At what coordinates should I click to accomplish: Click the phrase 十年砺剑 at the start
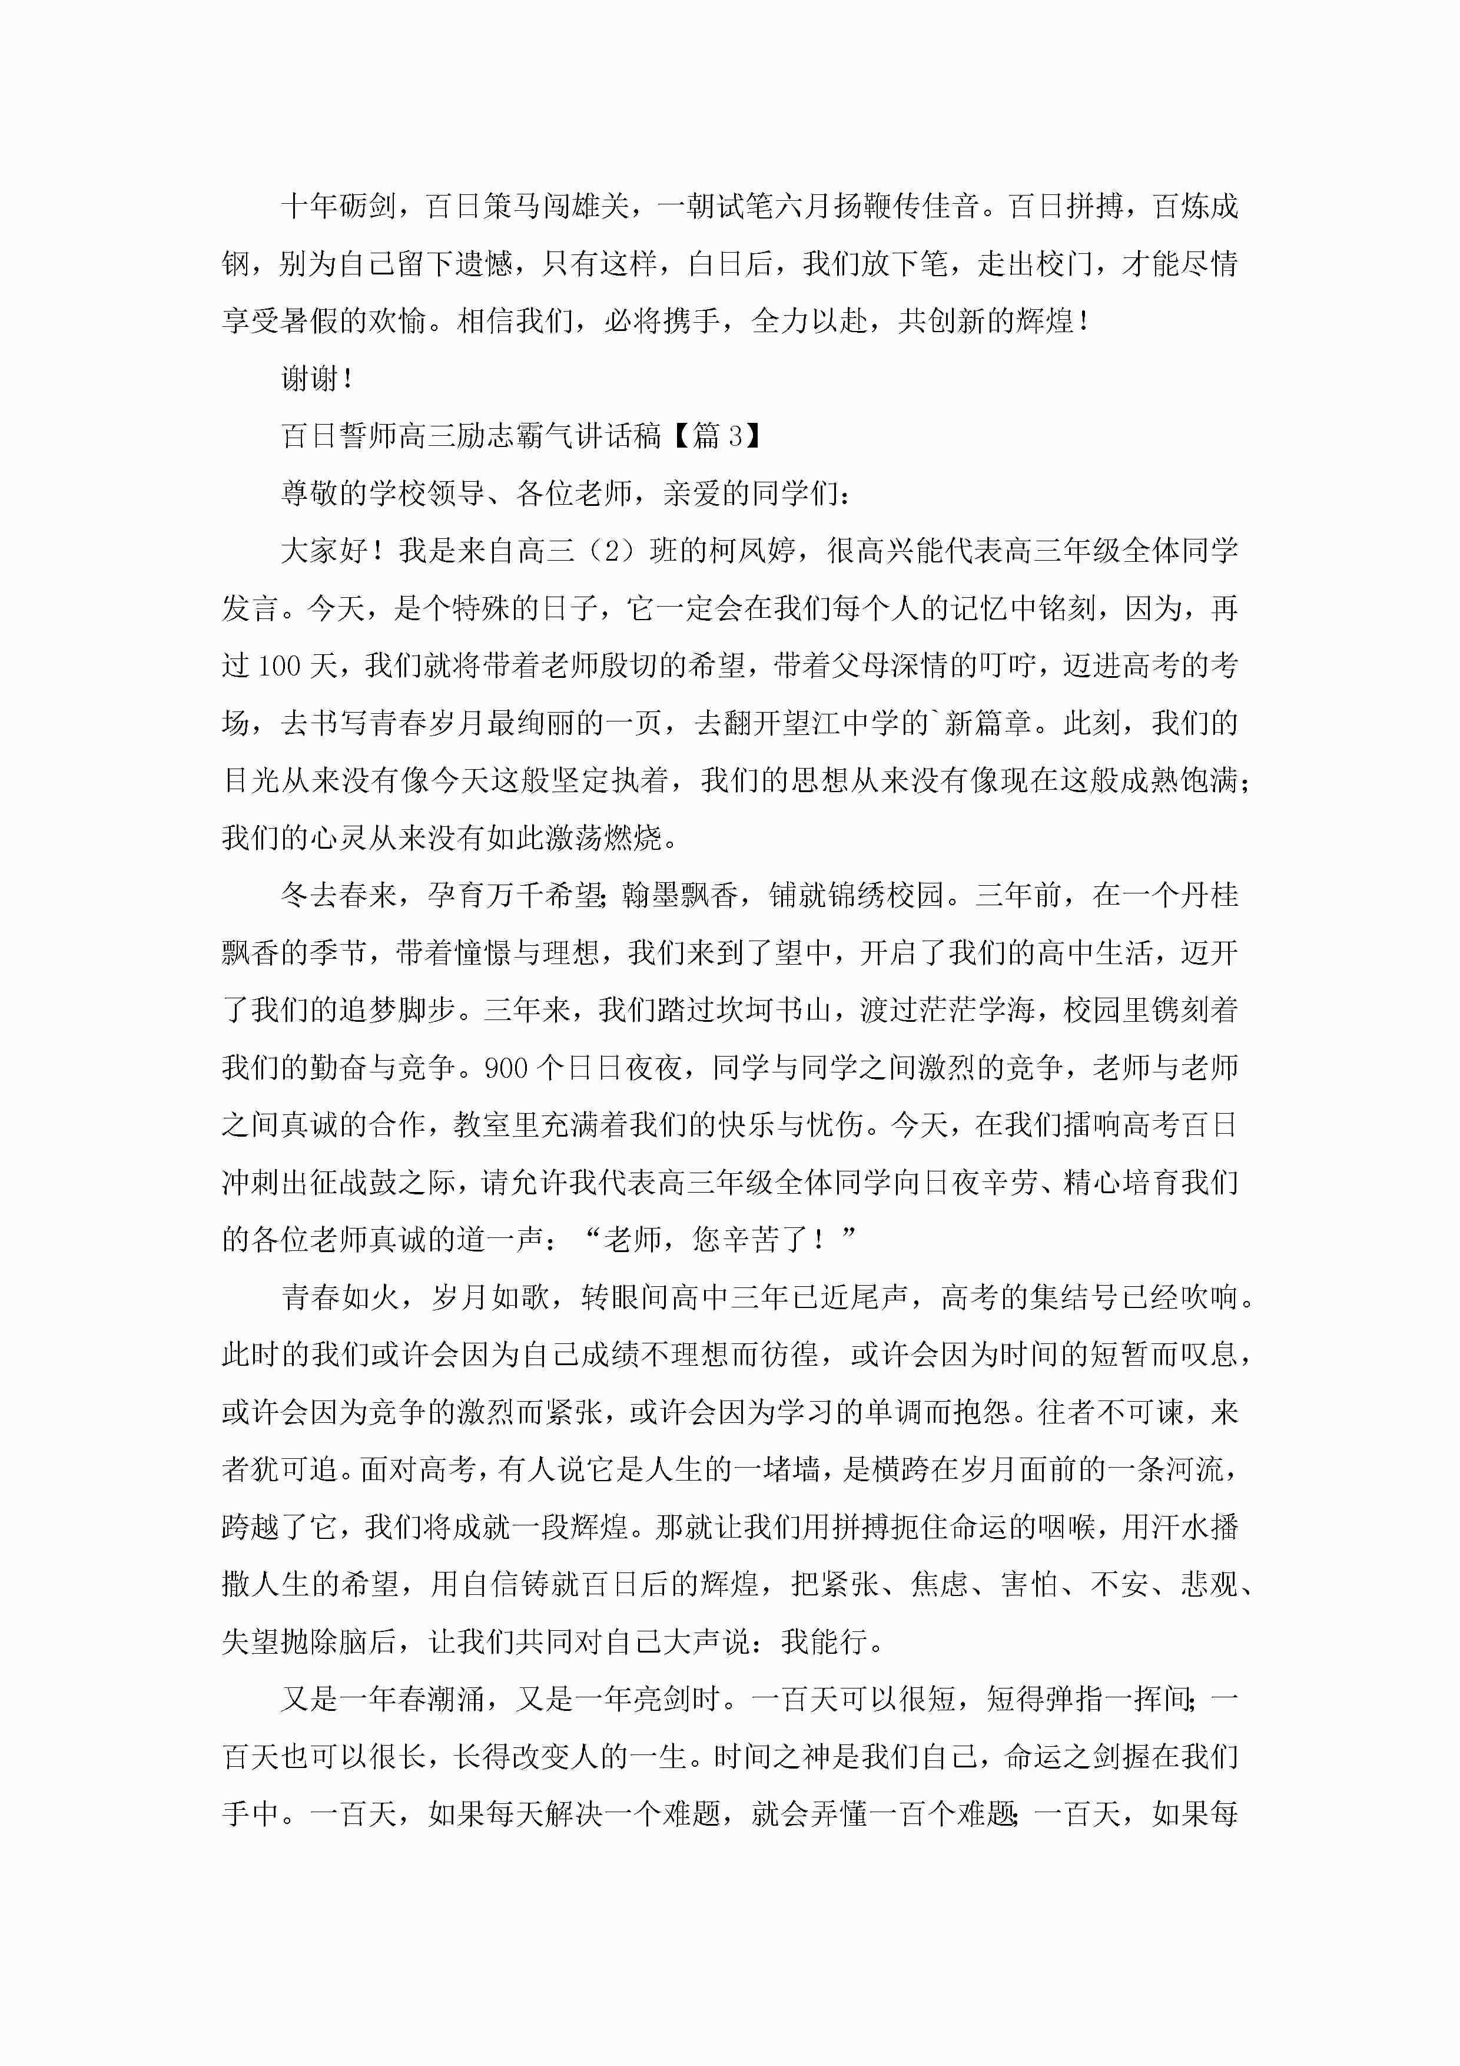click(339, 207)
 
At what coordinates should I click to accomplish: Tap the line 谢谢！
click(317, 379)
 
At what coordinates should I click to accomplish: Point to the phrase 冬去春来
click(339, 895)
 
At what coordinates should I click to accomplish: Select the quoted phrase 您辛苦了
click(750, 1240)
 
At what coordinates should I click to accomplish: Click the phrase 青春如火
click(339, 1297)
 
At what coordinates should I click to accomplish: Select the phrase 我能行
click(822, 1642)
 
